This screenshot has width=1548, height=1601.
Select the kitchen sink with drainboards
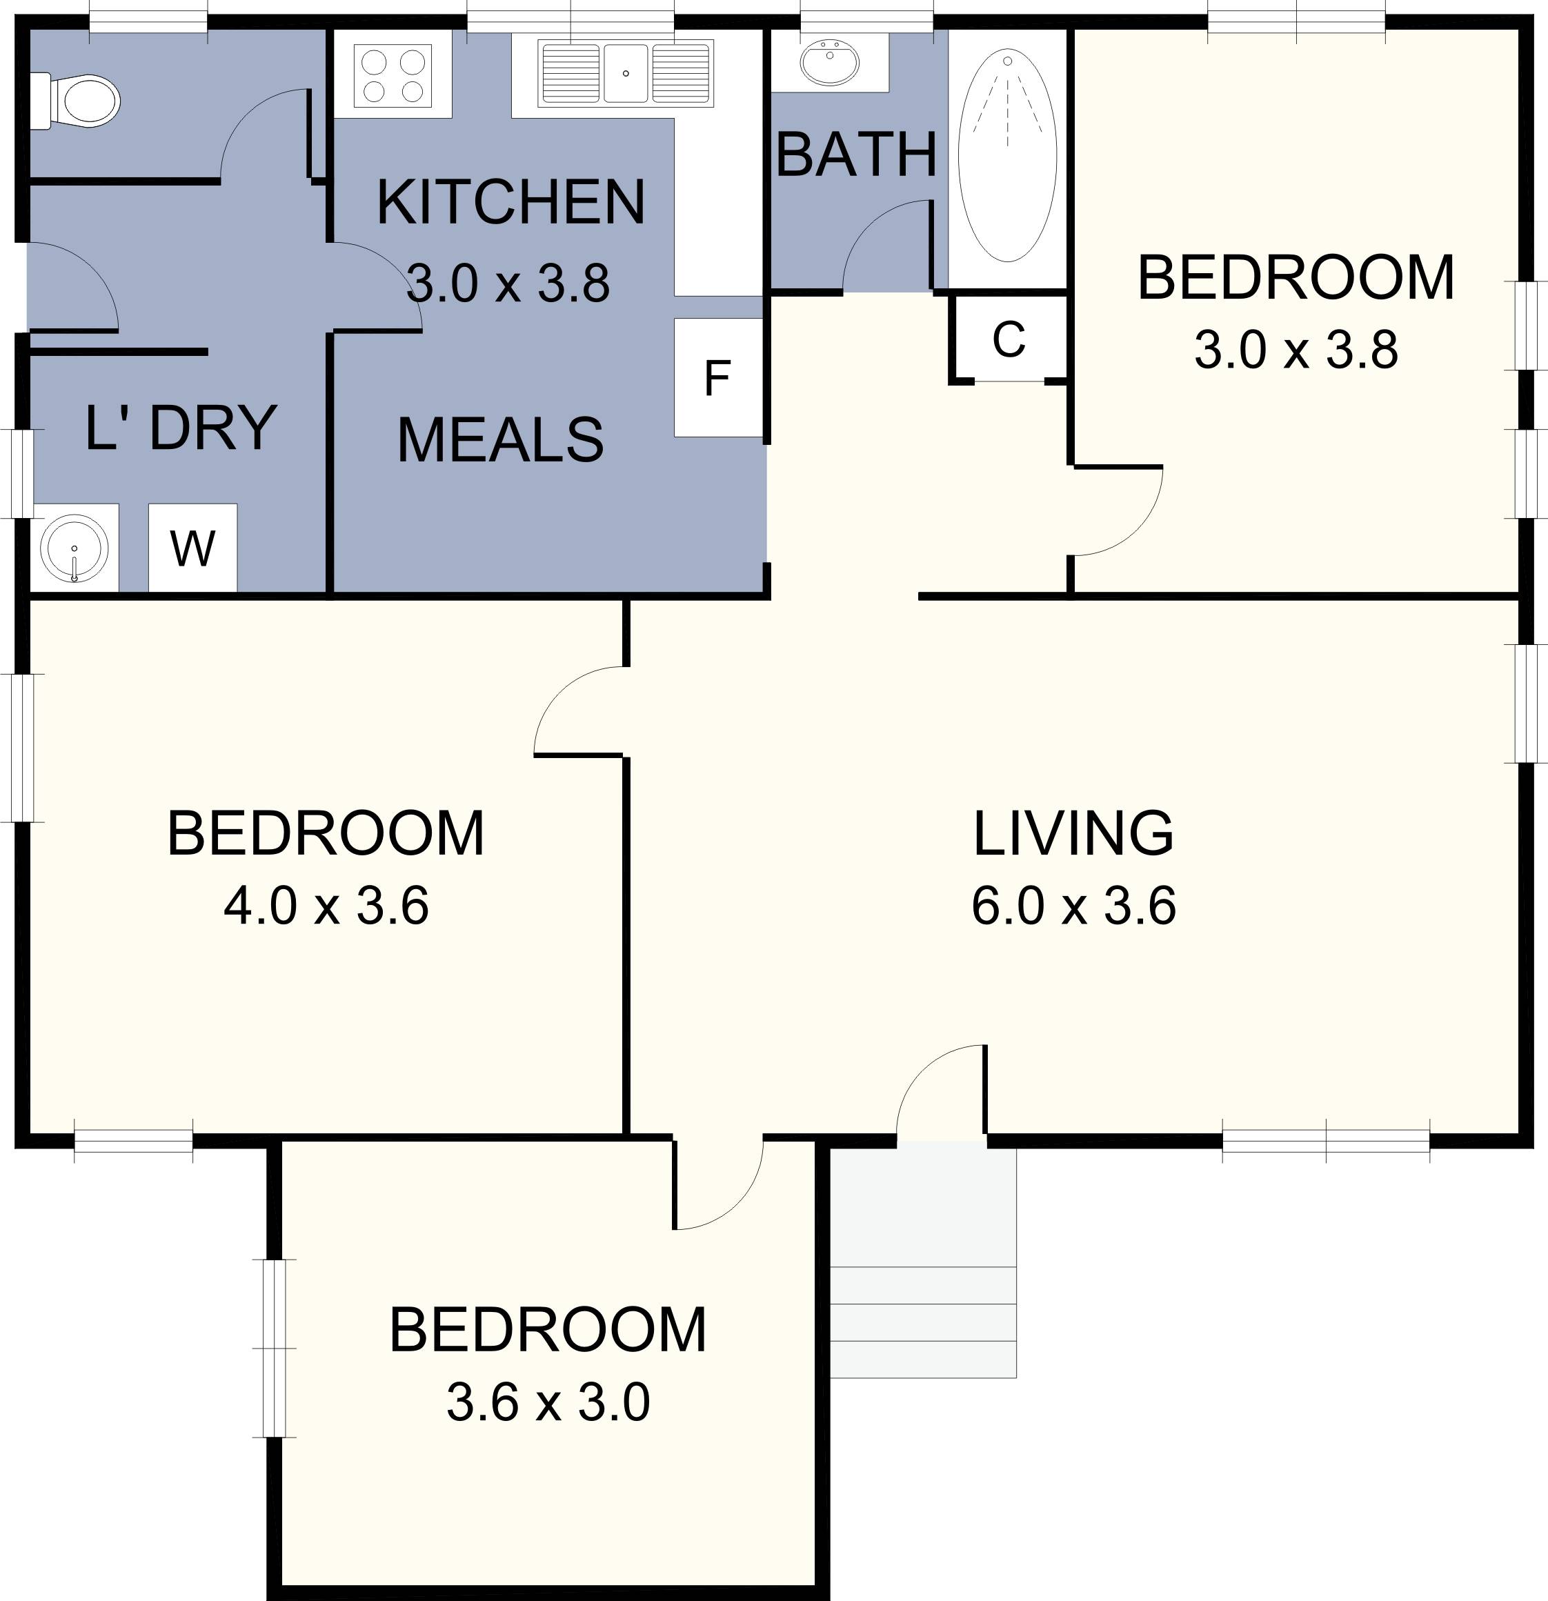(625, 74)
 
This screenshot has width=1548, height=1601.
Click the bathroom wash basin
(830, 61)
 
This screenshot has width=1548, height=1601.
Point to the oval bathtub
(1007, 155)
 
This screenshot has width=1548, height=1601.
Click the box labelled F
(717, 378)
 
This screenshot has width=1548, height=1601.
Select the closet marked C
(1009, 339)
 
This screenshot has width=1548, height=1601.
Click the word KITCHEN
(510, 203)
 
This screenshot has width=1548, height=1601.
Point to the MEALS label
(500, 440)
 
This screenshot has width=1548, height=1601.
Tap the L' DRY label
(181, 427)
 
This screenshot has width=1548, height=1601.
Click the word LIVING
(1073, 833)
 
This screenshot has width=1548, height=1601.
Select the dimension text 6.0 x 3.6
(1073, 906)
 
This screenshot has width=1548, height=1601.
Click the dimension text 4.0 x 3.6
(326, 906)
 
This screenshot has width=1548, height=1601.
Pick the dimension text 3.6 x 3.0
(547, 1402)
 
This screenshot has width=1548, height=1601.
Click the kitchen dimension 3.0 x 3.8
(508, 284)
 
